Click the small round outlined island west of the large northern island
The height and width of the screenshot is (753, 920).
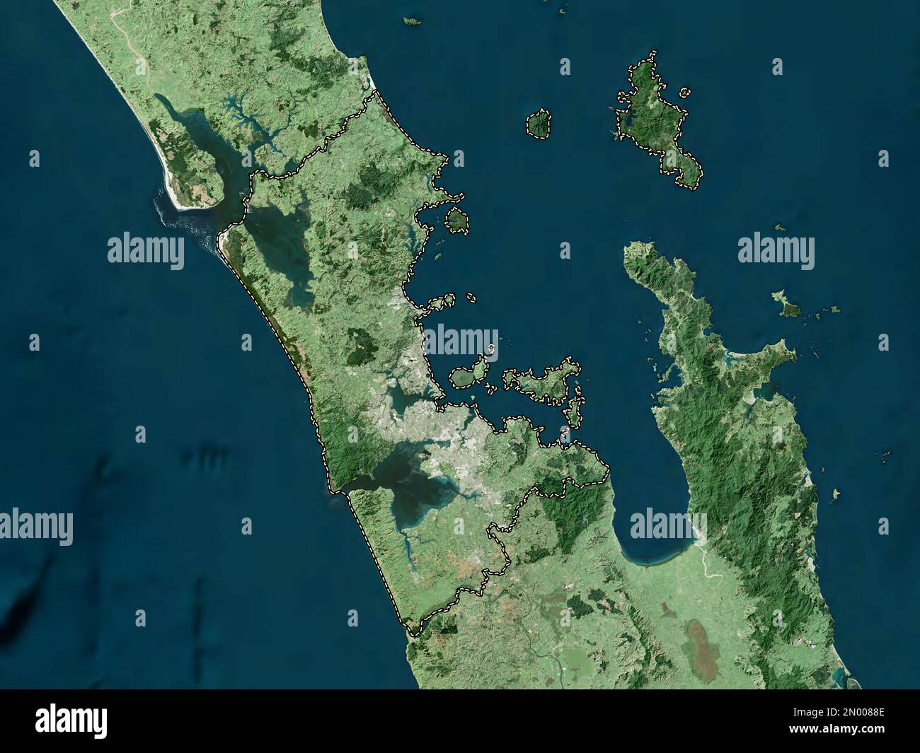pos(539,124)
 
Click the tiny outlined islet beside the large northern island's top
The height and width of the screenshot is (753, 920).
pos(684,92)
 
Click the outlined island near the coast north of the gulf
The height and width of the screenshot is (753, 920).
pos(456,221)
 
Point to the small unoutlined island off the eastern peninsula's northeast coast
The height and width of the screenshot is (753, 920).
pos(787,304)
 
